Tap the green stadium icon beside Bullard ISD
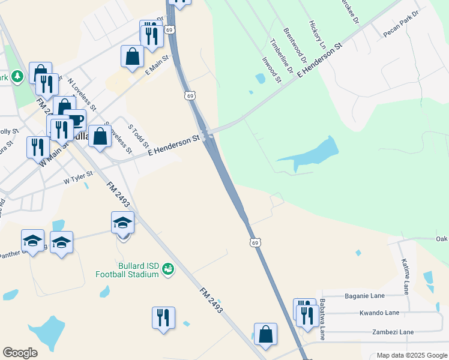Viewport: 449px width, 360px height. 168,270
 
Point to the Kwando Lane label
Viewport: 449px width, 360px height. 379,313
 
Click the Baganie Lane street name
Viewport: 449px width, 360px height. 372,296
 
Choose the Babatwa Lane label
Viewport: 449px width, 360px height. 323,319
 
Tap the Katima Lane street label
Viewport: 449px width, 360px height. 406,275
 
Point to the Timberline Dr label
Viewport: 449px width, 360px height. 281,57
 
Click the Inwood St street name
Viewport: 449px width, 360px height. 271,69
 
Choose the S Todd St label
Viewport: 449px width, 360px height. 139,136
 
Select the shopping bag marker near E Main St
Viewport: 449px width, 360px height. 132,56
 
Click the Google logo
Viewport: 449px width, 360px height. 20,353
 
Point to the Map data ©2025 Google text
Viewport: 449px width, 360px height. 412,355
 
